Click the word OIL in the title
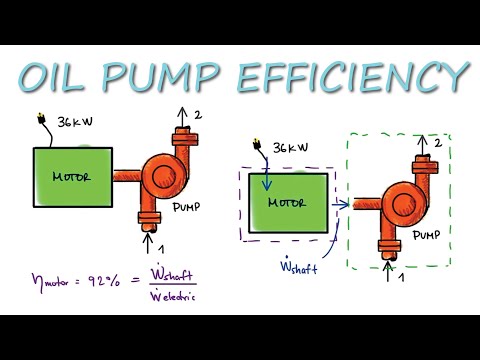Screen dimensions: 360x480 (63, 77)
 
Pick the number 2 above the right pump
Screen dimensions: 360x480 (437, 144)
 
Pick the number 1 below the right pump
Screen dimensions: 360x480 (401, 275)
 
